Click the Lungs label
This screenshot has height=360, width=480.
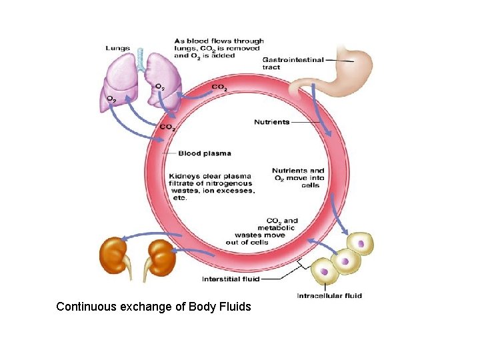click(x=118, y=48)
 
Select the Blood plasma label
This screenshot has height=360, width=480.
click(x=204, y=153)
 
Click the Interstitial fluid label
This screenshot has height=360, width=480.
click(x=231, y=279)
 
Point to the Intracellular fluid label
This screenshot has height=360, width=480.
click(x=329, y=295)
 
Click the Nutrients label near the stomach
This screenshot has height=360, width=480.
click(x=271, y=122)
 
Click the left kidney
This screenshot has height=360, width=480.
click(x=113, y=257)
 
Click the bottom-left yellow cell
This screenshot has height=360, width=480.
click(x=325, y=271)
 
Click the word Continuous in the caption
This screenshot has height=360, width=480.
click(x=85, y=307)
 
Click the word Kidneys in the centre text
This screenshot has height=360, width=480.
click(x=185, y=176)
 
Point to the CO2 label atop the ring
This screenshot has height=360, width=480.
click(x=219, y=87)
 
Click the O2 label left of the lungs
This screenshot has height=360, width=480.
click(x=111, y=99)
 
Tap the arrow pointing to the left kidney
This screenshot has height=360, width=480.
click(x=151, y=234)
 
